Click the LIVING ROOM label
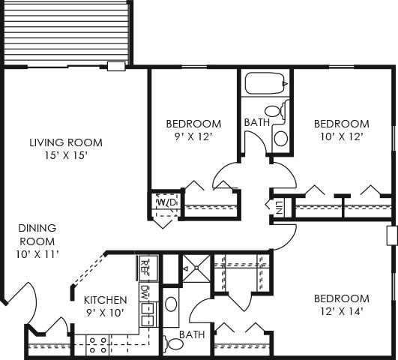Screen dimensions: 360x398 [x=66, y=142]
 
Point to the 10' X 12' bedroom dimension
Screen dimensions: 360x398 [x=341, y=138]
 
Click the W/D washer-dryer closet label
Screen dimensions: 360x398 [x=166, y=202]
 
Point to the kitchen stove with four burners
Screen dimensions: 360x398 [x=98, y=345]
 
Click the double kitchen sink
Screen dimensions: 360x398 [x=147, y=314]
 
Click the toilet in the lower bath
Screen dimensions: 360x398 [x=174, y=343]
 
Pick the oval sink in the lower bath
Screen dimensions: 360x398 [x=171, y=304]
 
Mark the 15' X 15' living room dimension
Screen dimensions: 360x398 [x=66, y=156]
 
